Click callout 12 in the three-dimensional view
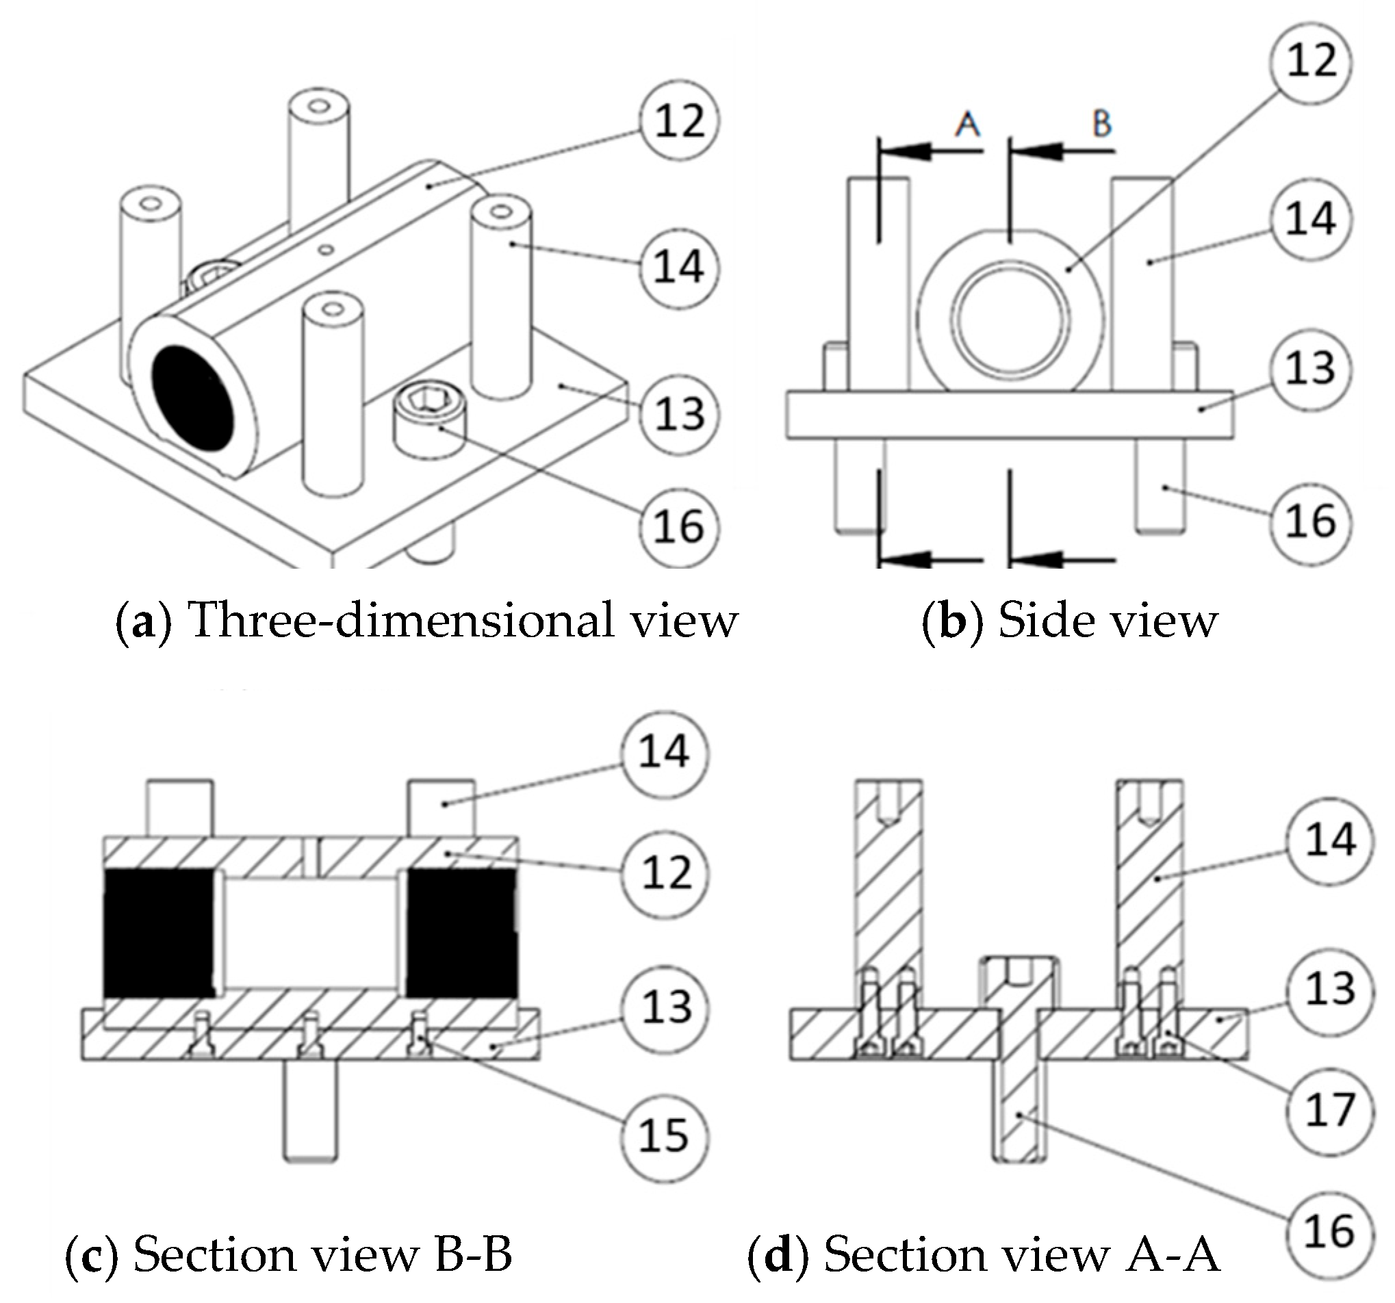pos(679,121)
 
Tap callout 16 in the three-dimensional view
pos(679,526)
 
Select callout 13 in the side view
pos(1311,369)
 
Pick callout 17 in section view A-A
pos(1329,1111)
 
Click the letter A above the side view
pos(968,125)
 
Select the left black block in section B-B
pos(159,933)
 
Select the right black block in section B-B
pos(462,933)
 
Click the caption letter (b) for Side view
pos(951,621)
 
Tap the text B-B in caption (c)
pos(474,1253)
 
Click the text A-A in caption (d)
pos(1173,1253)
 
